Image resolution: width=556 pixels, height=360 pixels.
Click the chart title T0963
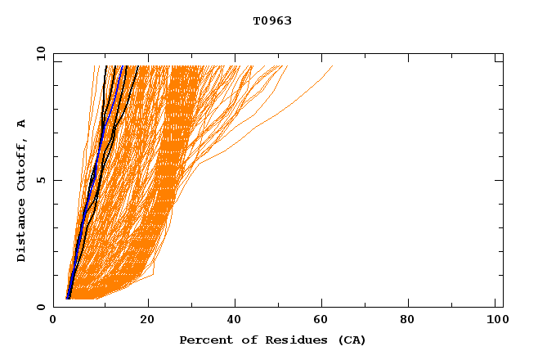(272, 20)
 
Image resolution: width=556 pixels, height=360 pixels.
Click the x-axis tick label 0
(53, 320)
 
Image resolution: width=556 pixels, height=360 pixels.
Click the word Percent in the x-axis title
(203, 340)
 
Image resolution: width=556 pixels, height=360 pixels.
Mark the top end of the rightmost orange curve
(333, 66)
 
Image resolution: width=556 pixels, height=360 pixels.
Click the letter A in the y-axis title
(22, 124)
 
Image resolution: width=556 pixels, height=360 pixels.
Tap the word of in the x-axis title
(241, 340)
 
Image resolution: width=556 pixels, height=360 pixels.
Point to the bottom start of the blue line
(69, 298)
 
